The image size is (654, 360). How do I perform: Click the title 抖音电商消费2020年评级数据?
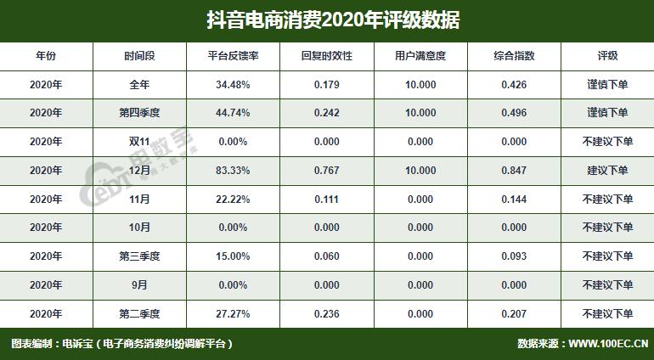tap(327, 20)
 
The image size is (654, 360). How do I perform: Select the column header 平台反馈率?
tap(232, 56)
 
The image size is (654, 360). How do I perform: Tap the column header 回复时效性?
tap(327, 56)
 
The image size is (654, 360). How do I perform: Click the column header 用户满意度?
tap(420, 56)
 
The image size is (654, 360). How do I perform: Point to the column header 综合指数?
tap(514, 56)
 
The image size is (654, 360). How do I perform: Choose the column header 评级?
tap(607, 56)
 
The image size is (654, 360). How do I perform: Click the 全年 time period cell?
tap(139, 85)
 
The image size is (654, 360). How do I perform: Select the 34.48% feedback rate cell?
tap(232, 85)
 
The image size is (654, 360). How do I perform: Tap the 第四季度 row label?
tap(139, 113)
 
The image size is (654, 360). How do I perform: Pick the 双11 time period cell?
tap(139, 142)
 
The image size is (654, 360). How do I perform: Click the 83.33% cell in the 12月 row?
tap(232, 171)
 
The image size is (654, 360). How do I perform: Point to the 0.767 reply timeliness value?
tap(327, 171)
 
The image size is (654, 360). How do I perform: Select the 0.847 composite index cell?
tap(514, 171)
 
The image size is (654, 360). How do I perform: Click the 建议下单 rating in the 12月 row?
tap(607, 171)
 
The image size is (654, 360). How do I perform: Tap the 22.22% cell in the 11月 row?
tap(232, 200)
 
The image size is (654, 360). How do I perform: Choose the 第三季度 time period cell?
tap(139, 256)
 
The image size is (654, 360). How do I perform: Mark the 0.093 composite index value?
tap(514, 256)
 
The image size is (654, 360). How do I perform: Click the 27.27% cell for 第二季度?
tap(232, 314)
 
